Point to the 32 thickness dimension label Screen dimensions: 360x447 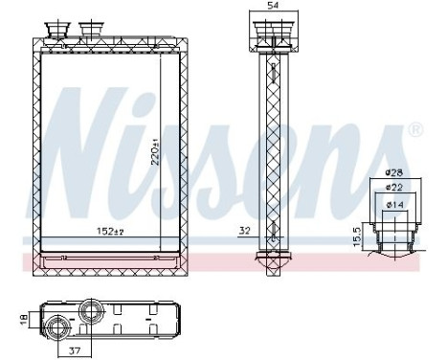[245, 231]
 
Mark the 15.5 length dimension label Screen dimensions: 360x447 [356, 235]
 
